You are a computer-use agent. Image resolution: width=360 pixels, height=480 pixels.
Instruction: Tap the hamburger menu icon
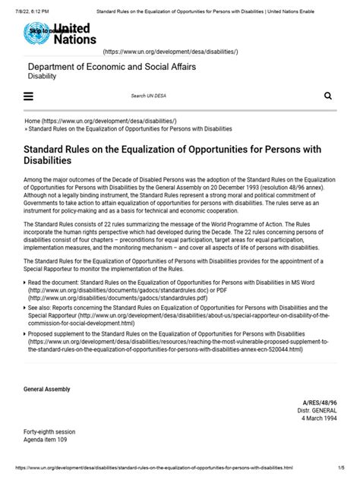click(x=29, y=96)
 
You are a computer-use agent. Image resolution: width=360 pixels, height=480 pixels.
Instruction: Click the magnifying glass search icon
click(x=328, y=96)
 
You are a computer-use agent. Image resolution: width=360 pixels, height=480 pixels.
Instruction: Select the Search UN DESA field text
click(x=148, y=96)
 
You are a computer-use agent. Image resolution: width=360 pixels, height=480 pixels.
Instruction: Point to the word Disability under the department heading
click(x=43, y=77)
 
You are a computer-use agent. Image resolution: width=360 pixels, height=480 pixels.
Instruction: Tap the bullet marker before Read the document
click(x=27, y=281)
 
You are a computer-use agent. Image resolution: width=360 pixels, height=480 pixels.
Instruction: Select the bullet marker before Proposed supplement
click(x=27, y=333)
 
